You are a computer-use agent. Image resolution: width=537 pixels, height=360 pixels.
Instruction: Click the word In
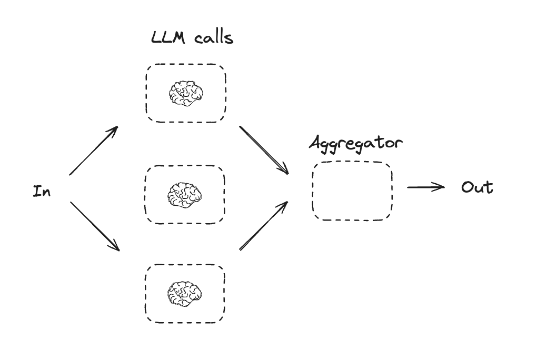pos(42,191)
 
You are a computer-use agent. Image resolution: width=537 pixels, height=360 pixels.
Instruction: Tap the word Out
pos(477,187)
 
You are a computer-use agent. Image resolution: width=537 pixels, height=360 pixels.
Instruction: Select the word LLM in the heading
pos(168,38)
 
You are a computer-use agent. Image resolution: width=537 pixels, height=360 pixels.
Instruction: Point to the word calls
pos(213,38)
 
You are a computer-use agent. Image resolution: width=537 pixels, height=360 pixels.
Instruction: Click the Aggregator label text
pos(356,144)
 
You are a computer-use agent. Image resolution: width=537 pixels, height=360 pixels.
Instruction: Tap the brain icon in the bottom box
pos(184,293)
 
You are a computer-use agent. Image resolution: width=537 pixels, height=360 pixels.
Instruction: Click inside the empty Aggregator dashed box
pos(352,191)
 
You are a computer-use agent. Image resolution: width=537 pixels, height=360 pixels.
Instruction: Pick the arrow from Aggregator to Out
pos(425,187)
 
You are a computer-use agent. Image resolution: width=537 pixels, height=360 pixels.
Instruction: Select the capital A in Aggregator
pos(316,143)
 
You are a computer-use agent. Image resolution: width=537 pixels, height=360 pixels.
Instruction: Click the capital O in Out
pos(468,187)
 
